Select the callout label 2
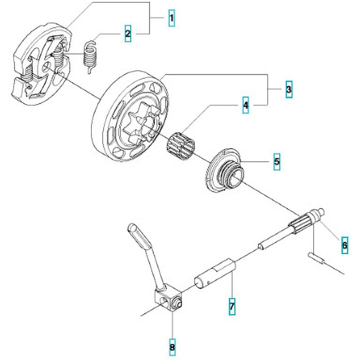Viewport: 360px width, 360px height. (x=128, y=33)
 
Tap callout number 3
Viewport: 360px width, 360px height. (x=288, y=90)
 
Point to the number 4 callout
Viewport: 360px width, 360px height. (x=245, y=106)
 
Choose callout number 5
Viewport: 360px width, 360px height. (x=276, y=161)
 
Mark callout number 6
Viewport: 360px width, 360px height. (x=344, y=245)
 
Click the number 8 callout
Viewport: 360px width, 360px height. (x=172, y=347)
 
